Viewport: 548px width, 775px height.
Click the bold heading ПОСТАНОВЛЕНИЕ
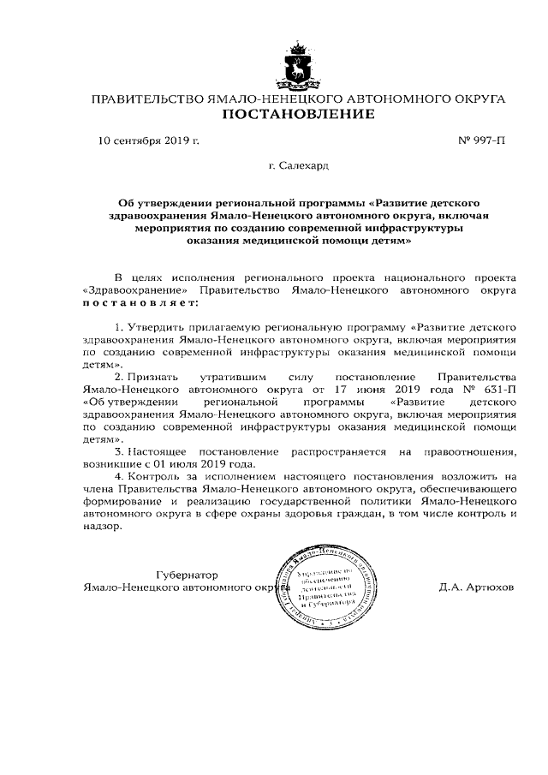click(x=298, y=116)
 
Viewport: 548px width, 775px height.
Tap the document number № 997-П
click(x=484, y=139)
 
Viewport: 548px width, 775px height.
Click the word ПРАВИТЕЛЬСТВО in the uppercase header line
click(x=147, y=100)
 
